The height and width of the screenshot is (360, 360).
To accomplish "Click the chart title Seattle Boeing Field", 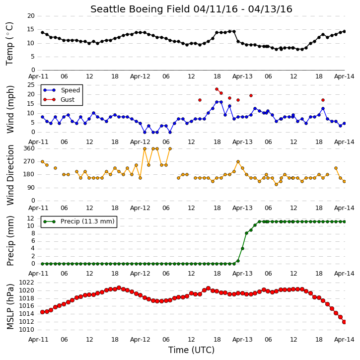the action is (x=140, y=9).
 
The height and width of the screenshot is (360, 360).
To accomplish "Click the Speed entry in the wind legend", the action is (x=61, y=90).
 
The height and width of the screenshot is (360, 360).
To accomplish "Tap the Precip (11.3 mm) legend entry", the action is (x=79, y=221).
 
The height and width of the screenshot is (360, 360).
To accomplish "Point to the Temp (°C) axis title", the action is (x=9, y=44).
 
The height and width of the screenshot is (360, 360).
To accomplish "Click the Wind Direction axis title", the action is (x=10, y=175).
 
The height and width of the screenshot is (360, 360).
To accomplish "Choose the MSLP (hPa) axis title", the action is (x=10, y=306).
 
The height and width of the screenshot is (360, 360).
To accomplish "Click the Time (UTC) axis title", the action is (x=191, y=350).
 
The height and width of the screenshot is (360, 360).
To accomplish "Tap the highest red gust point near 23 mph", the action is (x=216, y=89).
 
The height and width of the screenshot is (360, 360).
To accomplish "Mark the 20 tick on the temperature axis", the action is (x=31, y=16).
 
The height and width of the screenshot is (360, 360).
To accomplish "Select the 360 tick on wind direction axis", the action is (x=29, y=148).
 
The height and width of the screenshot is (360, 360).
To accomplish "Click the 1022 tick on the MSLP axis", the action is (x=27, y=283).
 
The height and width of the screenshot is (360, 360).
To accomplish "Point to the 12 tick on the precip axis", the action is (x=31, y=218).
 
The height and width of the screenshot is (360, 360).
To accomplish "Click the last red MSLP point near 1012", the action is (x=344, y=322).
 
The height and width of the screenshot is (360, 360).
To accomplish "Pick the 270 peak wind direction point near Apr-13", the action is (x=238, y=162).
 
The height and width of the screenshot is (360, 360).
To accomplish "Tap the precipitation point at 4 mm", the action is (x=242, y=248).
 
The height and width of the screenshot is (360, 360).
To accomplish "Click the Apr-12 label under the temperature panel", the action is (x=140, y=76).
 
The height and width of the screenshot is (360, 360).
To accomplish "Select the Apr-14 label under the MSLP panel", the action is (x=344, y=340).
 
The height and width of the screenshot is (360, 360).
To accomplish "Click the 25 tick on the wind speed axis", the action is (x=31, y=85).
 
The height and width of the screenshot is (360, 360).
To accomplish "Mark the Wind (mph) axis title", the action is (x=10, y=109).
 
